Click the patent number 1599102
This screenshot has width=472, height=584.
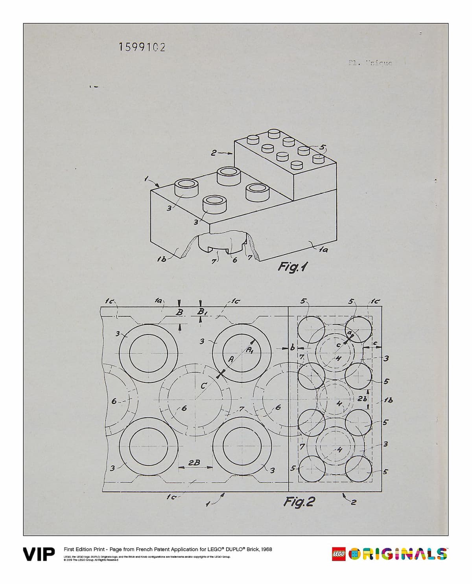click(142, 47)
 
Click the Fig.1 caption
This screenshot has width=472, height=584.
click(293, 267)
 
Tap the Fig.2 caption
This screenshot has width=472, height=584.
click(299, 502)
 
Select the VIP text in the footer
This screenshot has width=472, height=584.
click(39, 555)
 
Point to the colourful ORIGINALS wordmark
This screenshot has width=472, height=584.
click(397, 554)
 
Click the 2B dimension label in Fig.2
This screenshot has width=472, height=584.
click(194, 463)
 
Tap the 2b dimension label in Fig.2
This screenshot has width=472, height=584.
click(363, 398)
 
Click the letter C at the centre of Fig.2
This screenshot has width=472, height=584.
click(203, 386)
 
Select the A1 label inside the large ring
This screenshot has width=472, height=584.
click(250, 350)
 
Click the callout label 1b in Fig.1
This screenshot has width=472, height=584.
click(162, 259)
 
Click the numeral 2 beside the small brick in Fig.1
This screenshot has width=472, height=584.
click(213, 153)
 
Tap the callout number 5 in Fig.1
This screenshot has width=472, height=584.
click(323, 147)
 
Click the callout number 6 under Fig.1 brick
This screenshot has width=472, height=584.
click(234, 259)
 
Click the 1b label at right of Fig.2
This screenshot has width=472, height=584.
click(388, 400)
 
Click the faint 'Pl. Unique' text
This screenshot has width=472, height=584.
click(370, 62)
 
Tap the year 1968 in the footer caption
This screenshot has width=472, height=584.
click(265, 549)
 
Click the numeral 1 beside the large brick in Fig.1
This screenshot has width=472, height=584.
click(146, 179)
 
